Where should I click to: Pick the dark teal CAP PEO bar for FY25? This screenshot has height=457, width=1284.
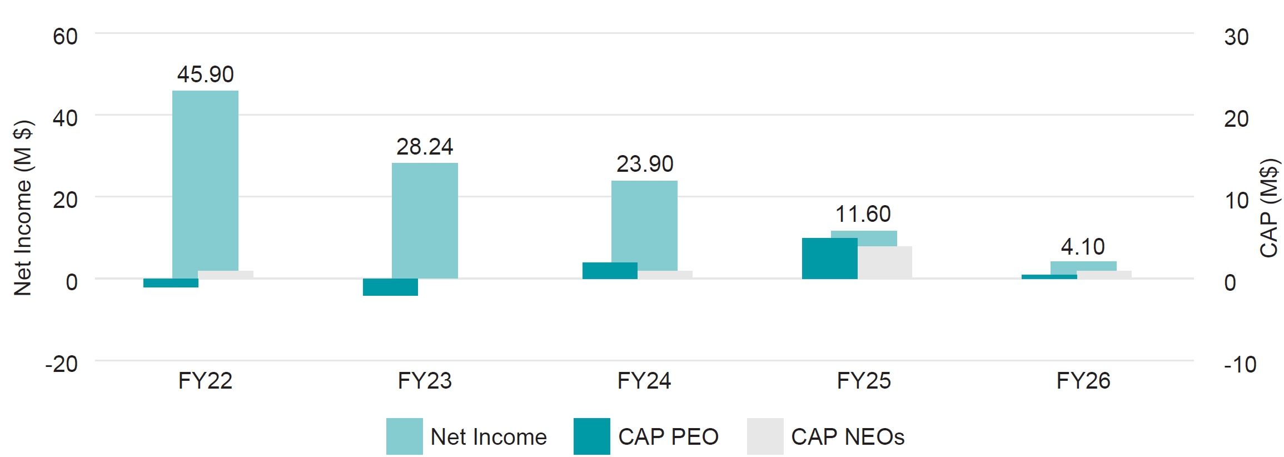[829, 259]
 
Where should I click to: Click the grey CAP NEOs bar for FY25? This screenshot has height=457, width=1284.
[885, 262]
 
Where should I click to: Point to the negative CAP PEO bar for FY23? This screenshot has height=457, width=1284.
[390, 287]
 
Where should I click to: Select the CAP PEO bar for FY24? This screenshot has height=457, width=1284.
[610, 271]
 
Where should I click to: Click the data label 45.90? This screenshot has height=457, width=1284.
[205, 74]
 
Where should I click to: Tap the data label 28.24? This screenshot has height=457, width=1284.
[425, 147]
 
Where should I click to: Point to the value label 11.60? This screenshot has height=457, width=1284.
[863, 214]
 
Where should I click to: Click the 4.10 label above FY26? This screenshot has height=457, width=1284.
[1083, 247]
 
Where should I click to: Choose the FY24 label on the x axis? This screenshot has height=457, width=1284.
[644, 381]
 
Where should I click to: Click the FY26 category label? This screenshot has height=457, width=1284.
[1083, 381]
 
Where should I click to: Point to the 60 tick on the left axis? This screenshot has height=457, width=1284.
[65, 37]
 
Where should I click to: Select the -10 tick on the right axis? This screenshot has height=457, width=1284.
[1240, 365]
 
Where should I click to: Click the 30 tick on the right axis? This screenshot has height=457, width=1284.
[1236, 37]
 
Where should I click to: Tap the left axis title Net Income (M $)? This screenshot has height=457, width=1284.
[23, 208]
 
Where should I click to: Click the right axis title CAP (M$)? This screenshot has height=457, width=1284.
[1269, 208]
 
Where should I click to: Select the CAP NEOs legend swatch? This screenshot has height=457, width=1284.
[765, 436]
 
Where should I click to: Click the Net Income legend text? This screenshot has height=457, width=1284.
[488, 437]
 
